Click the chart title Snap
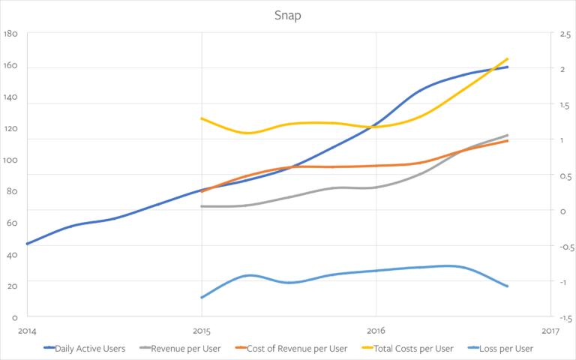click(x=288, y=16)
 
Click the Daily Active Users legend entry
click(x=85, y=348)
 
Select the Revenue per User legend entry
click(x=180, y=348)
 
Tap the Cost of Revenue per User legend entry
click(x=291, y=348)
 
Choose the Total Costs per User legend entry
click(x=408, y=348)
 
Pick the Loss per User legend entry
click(x=501, y=348)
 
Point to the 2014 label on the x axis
click(x=27, y=331)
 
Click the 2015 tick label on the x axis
click(x=202, y=331)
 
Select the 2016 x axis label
click(x=376, y=331)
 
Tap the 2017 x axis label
click(x=550, y=331)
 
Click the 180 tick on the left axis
click(x=10, y=34)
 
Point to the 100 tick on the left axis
click(x=10, y=160)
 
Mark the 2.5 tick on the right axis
click(x=565, y=34)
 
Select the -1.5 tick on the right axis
click(x=566, y=318)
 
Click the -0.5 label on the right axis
click(x=567, y=247)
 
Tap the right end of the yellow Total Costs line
click(x=507, y=58)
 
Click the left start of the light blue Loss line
click(x=202, y=297)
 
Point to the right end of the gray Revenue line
click(x=507, y=135)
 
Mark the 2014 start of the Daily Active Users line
click(x=27, y=244)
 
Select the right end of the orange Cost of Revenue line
click(x=507, y=141)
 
